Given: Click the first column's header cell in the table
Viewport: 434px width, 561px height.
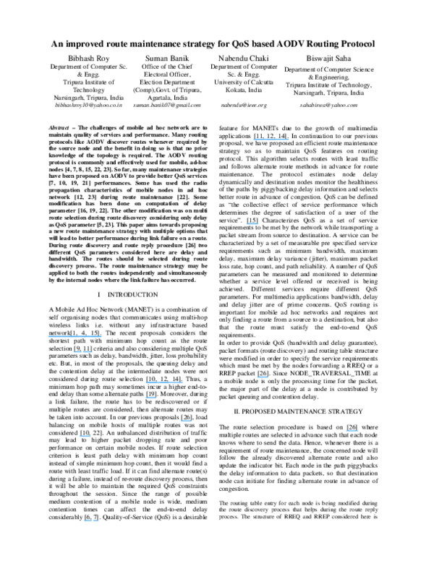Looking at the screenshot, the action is [x=88, y=57].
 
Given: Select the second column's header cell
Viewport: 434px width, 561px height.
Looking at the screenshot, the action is [x=167, y=57].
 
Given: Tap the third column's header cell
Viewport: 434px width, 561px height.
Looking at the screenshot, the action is [x=244, y=57].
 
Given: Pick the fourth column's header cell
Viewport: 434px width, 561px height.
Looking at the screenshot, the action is [x=328, y=57].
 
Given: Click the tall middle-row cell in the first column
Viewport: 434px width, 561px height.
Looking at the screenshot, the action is [x=88, y=82].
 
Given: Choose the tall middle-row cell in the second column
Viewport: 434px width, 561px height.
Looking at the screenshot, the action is [x=167, y=82].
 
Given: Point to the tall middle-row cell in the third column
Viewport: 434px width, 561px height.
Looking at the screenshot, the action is [x=244, y=82].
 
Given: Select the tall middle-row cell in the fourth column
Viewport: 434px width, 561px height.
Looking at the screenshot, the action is [x=328, y=82].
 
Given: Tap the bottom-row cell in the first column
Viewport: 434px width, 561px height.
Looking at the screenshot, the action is [x=88, y=106].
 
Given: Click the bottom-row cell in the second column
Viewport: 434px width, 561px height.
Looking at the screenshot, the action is [x=167, y=106].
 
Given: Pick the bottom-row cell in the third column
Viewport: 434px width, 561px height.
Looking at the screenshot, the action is [x=244, y=106].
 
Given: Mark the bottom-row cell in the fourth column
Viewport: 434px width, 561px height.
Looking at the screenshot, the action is [x=328, y=106].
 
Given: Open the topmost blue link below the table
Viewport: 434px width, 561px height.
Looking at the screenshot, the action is [x=271, y=140].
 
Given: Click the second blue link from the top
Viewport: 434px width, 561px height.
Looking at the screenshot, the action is [x=252, y=223].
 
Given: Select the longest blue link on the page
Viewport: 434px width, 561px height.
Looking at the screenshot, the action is [x=75, y=336].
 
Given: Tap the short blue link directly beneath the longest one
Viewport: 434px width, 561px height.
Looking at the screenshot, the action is [x=82, y=352].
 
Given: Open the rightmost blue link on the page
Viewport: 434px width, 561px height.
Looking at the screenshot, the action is [x=352, y=431].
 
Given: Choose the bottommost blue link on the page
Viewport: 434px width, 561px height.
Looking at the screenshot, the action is [x=91, y=521].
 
